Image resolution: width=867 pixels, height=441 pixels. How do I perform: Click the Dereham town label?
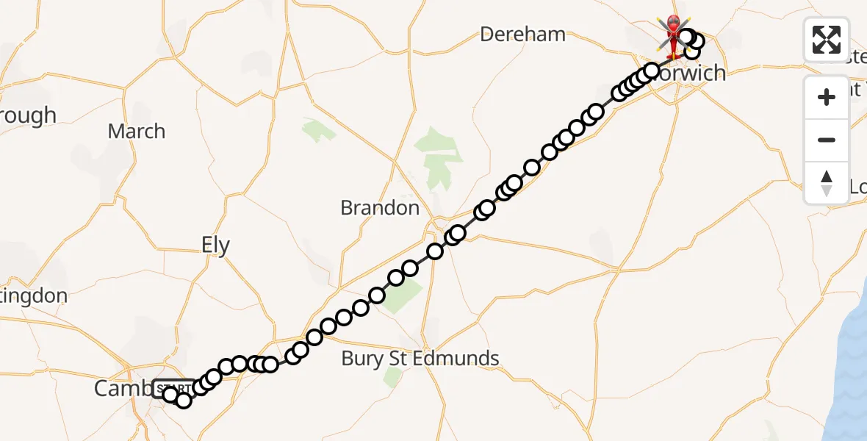[x=522, y=34]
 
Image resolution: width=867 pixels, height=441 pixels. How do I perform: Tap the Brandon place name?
[x=380, y=208]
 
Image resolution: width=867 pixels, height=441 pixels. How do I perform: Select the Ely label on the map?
[x=215, y=245]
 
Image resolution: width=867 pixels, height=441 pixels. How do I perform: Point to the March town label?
[x=137, y=132]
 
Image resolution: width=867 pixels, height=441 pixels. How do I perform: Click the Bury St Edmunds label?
[x=420, y=359]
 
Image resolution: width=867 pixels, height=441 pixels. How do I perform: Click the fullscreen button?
[x=827, y=40]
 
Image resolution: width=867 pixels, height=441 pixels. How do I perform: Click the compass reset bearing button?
[x=827, y=182]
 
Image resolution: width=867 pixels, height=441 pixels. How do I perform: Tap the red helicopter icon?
[x=672, y=36]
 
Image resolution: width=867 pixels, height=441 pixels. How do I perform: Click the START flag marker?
[x=173, y=387]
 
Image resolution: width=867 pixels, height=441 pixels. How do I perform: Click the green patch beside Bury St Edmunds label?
[x=394, y=377]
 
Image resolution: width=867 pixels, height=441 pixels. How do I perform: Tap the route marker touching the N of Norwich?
[x=652, y=71]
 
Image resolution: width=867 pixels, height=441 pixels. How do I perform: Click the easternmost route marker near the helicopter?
[x=696, y=41]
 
